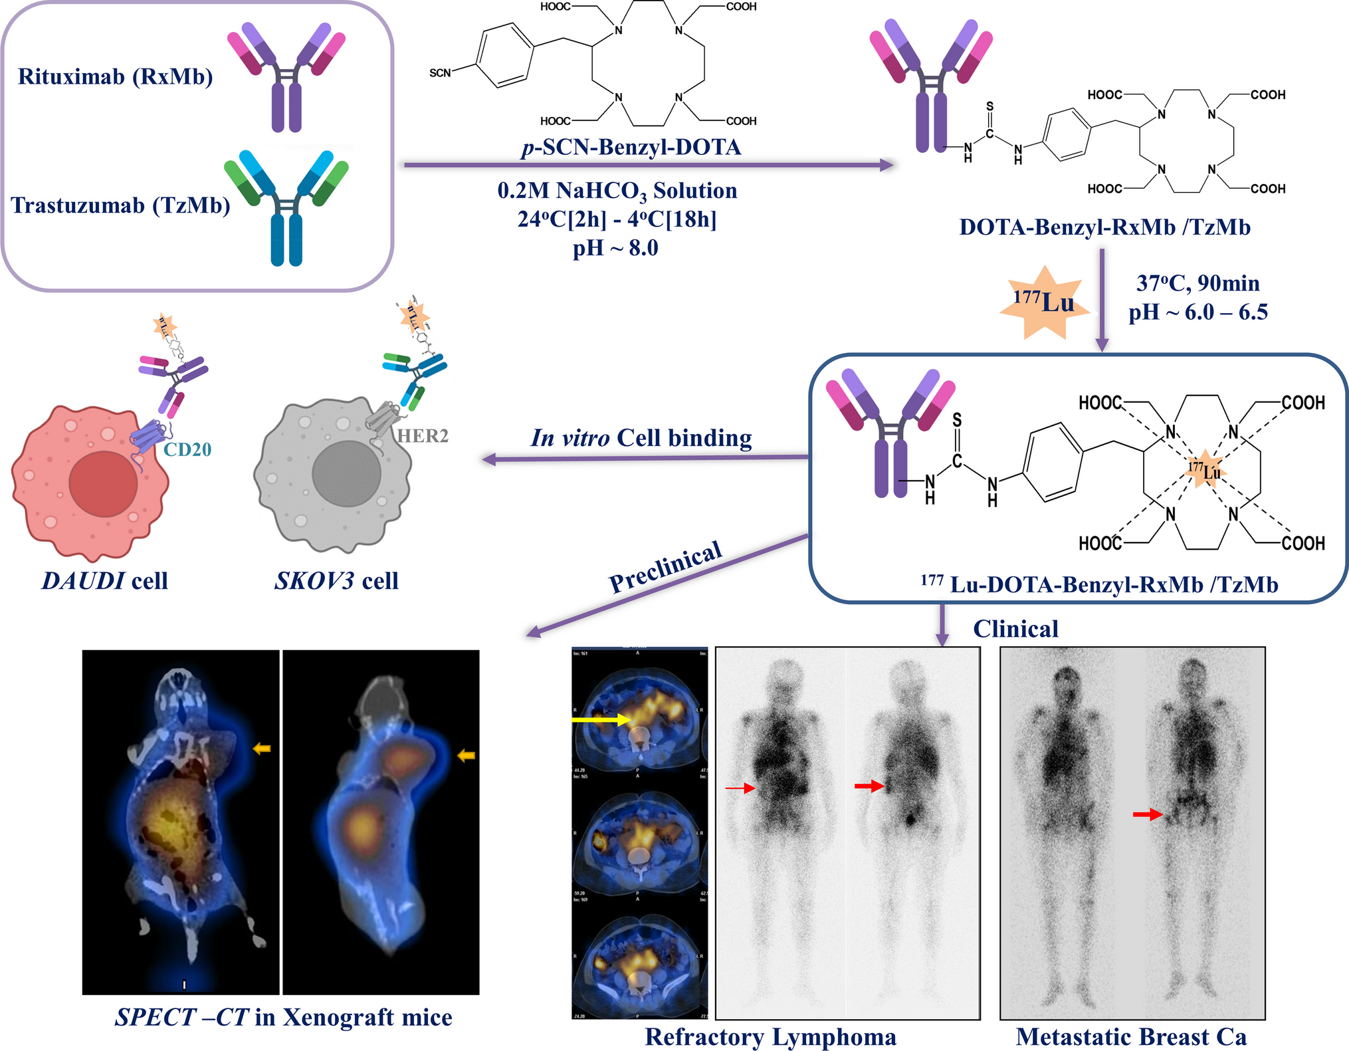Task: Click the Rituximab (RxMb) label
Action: pos(115,76)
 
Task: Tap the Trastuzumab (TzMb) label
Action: pos(120,205)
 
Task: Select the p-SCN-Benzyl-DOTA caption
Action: pos(631,146)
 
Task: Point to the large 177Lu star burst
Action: pos(1044,302)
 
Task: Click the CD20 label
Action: pos(187,449)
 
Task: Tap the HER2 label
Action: pos(423,436)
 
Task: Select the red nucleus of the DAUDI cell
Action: pos(103,484)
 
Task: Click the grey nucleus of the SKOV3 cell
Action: pos(346,473)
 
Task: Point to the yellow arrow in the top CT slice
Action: pos(601,719)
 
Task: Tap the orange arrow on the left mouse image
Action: pos(262,749)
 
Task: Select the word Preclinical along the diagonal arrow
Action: pos(665,566)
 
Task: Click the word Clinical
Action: pos(1015,629)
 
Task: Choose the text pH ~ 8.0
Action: pos(615,248)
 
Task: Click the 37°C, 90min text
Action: pos(1197,283)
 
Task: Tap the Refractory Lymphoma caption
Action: pos(770,1036)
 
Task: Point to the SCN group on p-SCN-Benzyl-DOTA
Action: pos(440,72)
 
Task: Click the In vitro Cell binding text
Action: pos(641,437)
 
